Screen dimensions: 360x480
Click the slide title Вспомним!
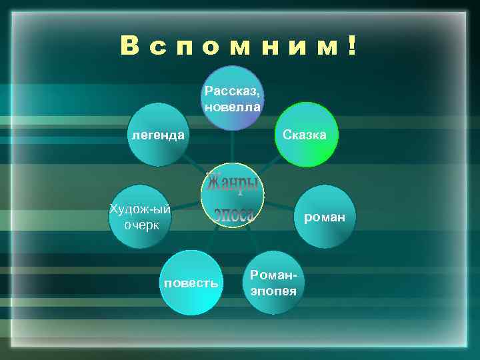click(x=239, y=46)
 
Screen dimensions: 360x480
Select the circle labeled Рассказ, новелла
click(x=233, y=98)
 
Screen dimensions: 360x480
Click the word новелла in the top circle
click(x=233, y=106)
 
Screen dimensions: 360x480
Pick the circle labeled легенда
click(x=158, y=135)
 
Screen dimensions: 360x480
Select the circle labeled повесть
click(x=191, y=283)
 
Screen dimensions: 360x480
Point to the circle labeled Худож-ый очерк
click(x=141, y=217)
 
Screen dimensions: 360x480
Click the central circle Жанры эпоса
click(x=232, y=195)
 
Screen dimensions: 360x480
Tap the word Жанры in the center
click(x=232, y=181)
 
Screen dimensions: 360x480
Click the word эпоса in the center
click(x=234, y=214)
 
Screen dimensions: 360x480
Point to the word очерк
click(x=141, y=225)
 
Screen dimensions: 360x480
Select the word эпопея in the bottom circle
click(x=273, y=291)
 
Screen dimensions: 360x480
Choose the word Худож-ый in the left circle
click(x=141, y=209)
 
